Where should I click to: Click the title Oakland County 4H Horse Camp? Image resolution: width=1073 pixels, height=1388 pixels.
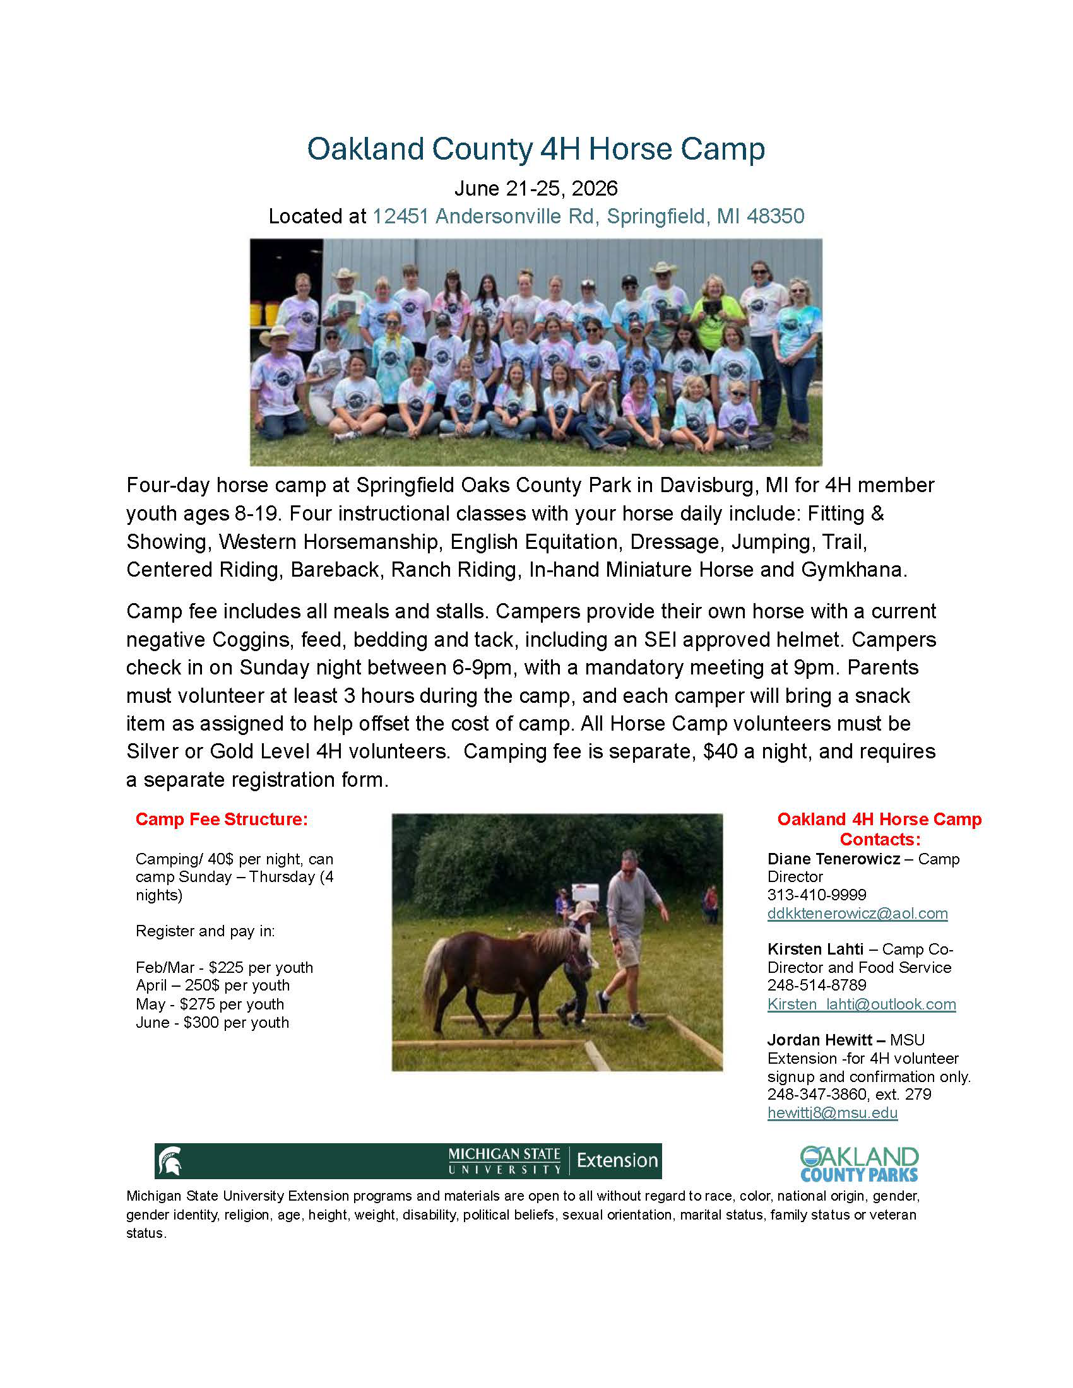(536, 150)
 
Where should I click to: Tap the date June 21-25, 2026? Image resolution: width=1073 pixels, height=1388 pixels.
(536, 189)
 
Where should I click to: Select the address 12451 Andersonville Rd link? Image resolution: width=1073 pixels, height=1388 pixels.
(588, 216)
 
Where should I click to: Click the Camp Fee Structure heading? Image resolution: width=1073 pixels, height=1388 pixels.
(221, 819)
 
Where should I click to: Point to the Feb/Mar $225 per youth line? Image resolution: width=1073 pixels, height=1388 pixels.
(225, 967)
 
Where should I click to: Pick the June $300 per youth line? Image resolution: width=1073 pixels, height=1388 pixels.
(212, 1023)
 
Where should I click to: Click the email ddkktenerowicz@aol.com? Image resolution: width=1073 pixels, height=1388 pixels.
(858, 914)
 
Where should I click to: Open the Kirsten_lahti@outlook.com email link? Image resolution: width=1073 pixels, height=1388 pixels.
(862, 1004)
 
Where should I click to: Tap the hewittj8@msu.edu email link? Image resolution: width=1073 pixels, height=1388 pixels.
(832, 1113)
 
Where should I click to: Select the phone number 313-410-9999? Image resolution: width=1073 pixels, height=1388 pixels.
(816, 895)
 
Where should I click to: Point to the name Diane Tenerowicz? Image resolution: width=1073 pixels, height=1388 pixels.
(833, 859)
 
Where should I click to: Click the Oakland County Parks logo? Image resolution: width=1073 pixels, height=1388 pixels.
(859, 1163)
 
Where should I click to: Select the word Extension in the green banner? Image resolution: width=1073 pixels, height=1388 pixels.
(617, 1161)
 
